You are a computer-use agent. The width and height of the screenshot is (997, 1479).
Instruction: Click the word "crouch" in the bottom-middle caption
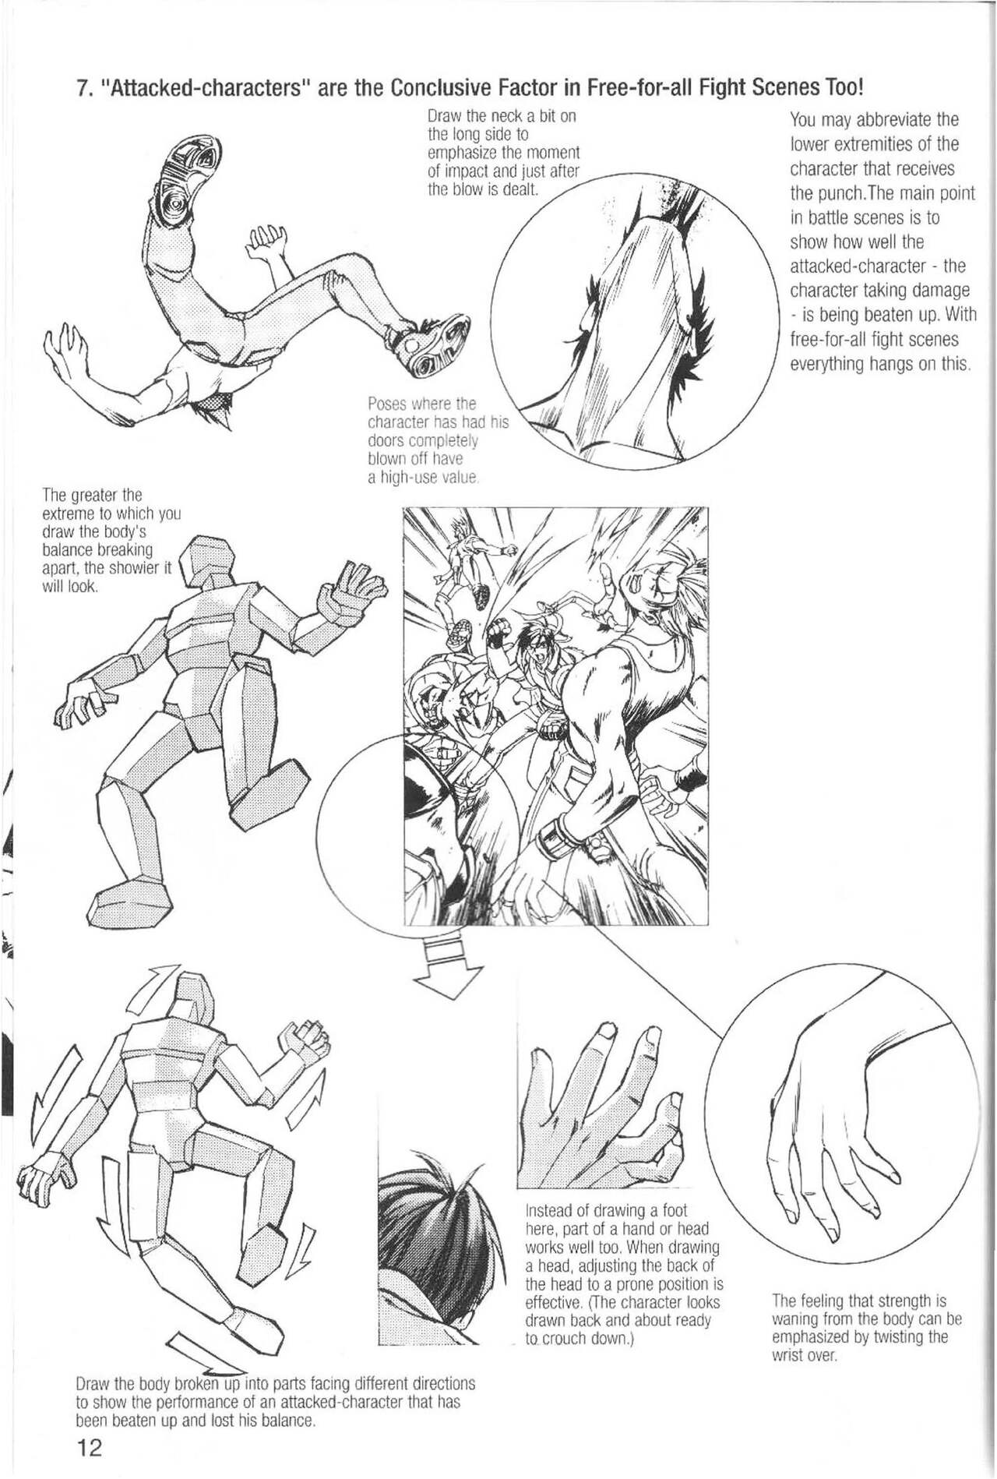[x=569, y=1339]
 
